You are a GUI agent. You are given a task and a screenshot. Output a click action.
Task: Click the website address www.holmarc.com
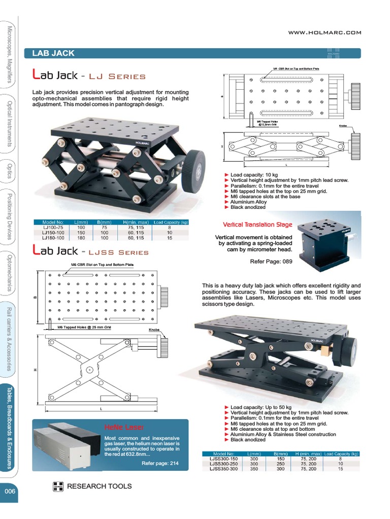[324, 32]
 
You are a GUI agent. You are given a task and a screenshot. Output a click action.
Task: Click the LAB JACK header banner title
[53, 53]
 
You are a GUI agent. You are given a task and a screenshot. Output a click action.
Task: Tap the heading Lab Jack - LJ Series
[89, 76]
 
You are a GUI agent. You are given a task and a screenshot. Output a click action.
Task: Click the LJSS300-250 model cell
[223, 464]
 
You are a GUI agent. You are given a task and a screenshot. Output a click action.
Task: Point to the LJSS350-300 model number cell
[223, 469]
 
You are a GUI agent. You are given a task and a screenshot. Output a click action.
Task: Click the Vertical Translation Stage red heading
[257, 225]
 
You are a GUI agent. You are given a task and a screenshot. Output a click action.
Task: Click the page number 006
[10, 491]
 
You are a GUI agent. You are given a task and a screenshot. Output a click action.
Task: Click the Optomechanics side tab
[9, 273]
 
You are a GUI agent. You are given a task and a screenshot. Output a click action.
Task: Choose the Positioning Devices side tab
[9, 216]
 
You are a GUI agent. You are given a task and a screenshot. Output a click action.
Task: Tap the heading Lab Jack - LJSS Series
[90, 251]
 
